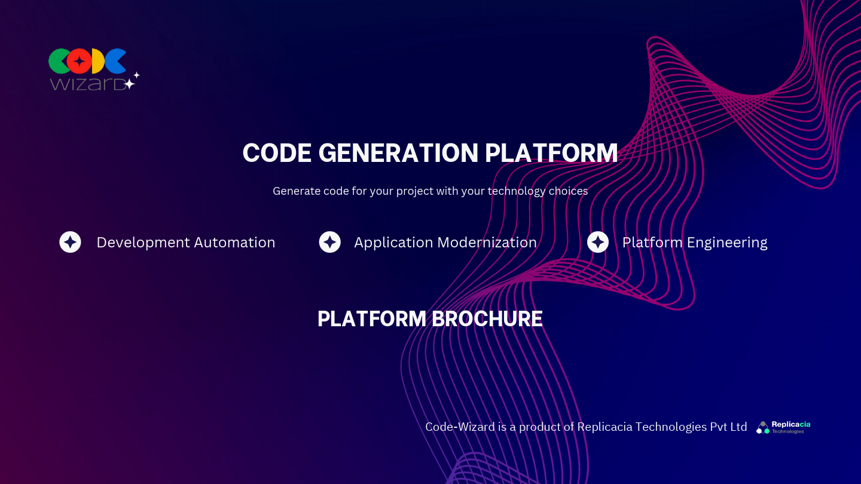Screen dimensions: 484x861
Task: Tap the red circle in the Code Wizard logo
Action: pyautogui.click(x=79, y=61)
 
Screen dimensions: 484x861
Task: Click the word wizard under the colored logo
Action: pyautogui.click(x=87, y=83)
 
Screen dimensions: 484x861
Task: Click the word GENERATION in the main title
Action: pyautogui.click(x=398, y=154)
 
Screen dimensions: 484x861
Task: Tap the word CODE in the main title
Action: pyautogui.click(x=277, y=154)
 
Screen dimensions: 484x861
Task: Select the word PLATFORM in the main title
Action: pyautogui.click(x=551, y=154)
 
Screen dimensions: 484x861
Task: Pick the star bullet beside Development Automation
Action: pyautogui.click(x=71, y=242)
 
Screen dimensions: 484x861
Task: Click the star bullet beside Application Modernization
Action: pyautogui.click(x=329, y=242)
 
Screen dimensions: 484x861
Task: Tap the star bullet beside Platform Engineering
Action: pyautogui.click(x=598, y=242)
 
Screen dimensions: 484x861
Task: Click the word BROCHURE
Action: pyautogui.click(x=487, y=319)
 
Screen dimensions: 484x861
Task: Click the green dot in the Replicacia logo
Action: pyautogui.click(x=767, y=431)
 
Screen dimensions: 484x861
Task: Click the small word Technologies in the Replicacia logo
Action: pyautogui.click(x=788, y=431)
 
